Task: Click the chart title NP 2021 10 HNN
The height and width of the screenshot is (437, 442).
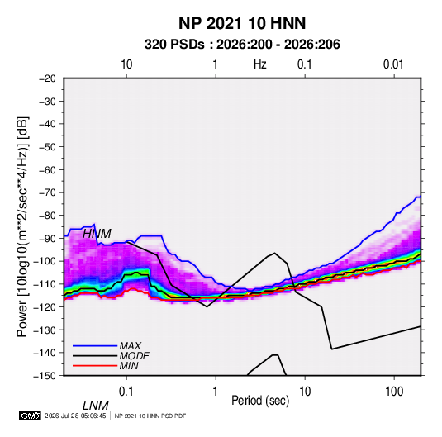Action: [x=242, y=23]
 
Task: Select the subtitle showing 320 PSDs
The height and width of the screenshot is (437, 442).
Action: [x=242, y=45]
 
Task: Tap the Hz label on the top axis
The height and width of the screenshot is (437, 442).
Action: [x=260, y=64]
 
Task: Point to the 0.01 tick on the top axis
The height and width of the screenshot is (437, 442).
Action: [x=393, y=64]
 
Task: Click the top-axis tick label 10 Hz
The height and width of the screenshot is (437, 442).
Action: [x=126, y=64]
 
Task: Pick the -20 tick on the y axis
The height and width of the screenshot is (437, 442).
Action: [x=47, y=78]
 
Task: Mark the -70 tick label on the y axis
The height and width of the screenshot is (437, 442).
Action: [x=47, y=192]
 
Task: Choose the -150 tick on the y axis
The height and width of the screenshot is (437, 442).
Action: [x=45, y=376]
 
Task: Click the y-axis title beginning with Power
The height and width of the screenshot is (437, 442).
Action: [x=22, y=226]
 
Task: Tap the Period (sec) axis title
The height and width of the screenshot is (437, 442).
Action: [x=260, y=401]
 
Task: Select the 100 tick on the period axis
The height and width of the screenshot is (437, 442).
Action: [x=394, y=392]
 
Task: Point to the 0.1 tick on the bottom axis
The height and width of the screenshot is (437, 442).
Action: [x=126, y=392]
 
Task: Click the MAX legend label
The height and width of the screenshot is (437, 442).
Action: [x=131, y=345]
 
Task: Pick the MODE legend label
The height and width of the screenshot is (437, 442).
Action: [x=134, y=356]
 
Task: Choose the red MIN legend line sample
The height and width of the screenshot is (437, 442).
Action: [x=95, y=366]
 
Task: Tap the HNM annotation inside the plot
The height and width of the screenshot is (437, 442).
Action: [x=97, y=234]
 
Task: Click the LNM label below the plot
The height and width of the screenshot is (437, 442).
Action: [x=96, y=406]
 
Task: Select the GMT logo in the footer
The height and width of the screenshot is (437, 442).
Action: [x=31, y=416]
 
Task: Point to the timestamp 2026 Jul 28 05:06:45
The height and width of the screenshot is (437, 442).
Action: [x=75, y=416]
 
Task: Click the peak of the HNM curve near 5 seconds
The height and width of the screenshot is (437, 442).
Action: [x=274, y=253]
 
